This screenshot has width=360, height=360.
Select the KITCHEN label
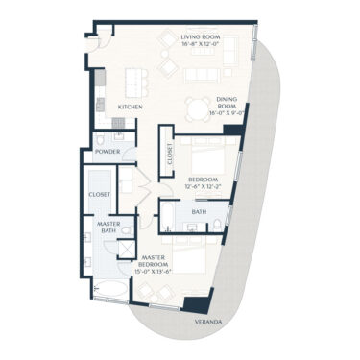131,107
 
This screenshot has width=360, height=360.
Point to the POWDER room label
108,150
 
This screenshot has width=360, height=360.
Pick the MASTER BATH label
108,228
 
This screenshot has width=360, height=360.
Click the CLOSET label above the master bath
99,194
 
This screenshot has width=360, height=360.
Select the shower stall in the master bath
125,248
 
